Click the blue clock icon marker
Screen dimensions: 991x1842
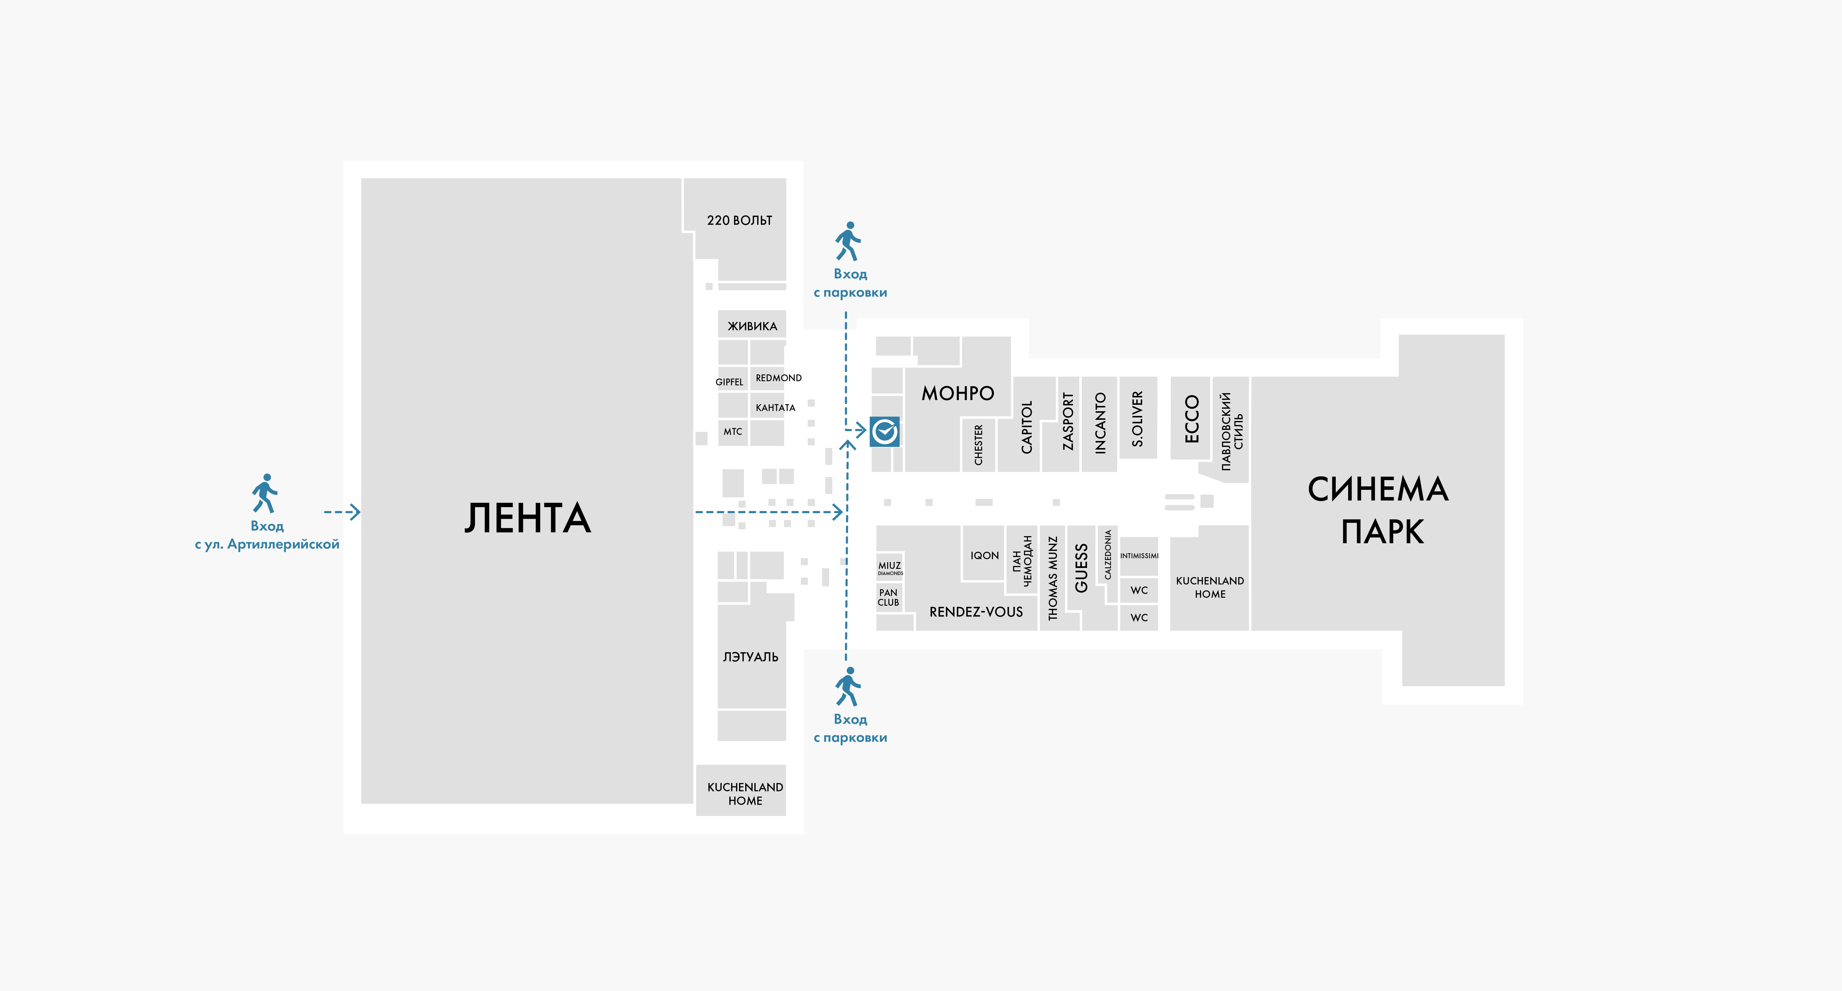point(885,431)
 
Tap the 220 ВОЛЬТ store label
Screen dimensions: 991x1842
point(739,220)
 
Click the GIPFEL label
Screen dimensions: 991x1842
point(729,382)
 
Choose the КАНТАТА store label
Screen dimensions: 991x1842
point(775,407)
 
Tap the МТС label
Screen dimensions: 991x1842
point(733,431)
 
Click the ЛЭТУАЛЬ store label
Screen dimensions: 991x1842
point(750,656)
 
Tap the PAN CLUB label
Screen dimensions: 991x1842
point(888,597)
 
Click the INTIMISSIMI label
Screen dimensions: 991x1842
point(1139,556)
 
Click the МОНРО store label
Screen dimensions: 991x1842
point(957,393)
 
